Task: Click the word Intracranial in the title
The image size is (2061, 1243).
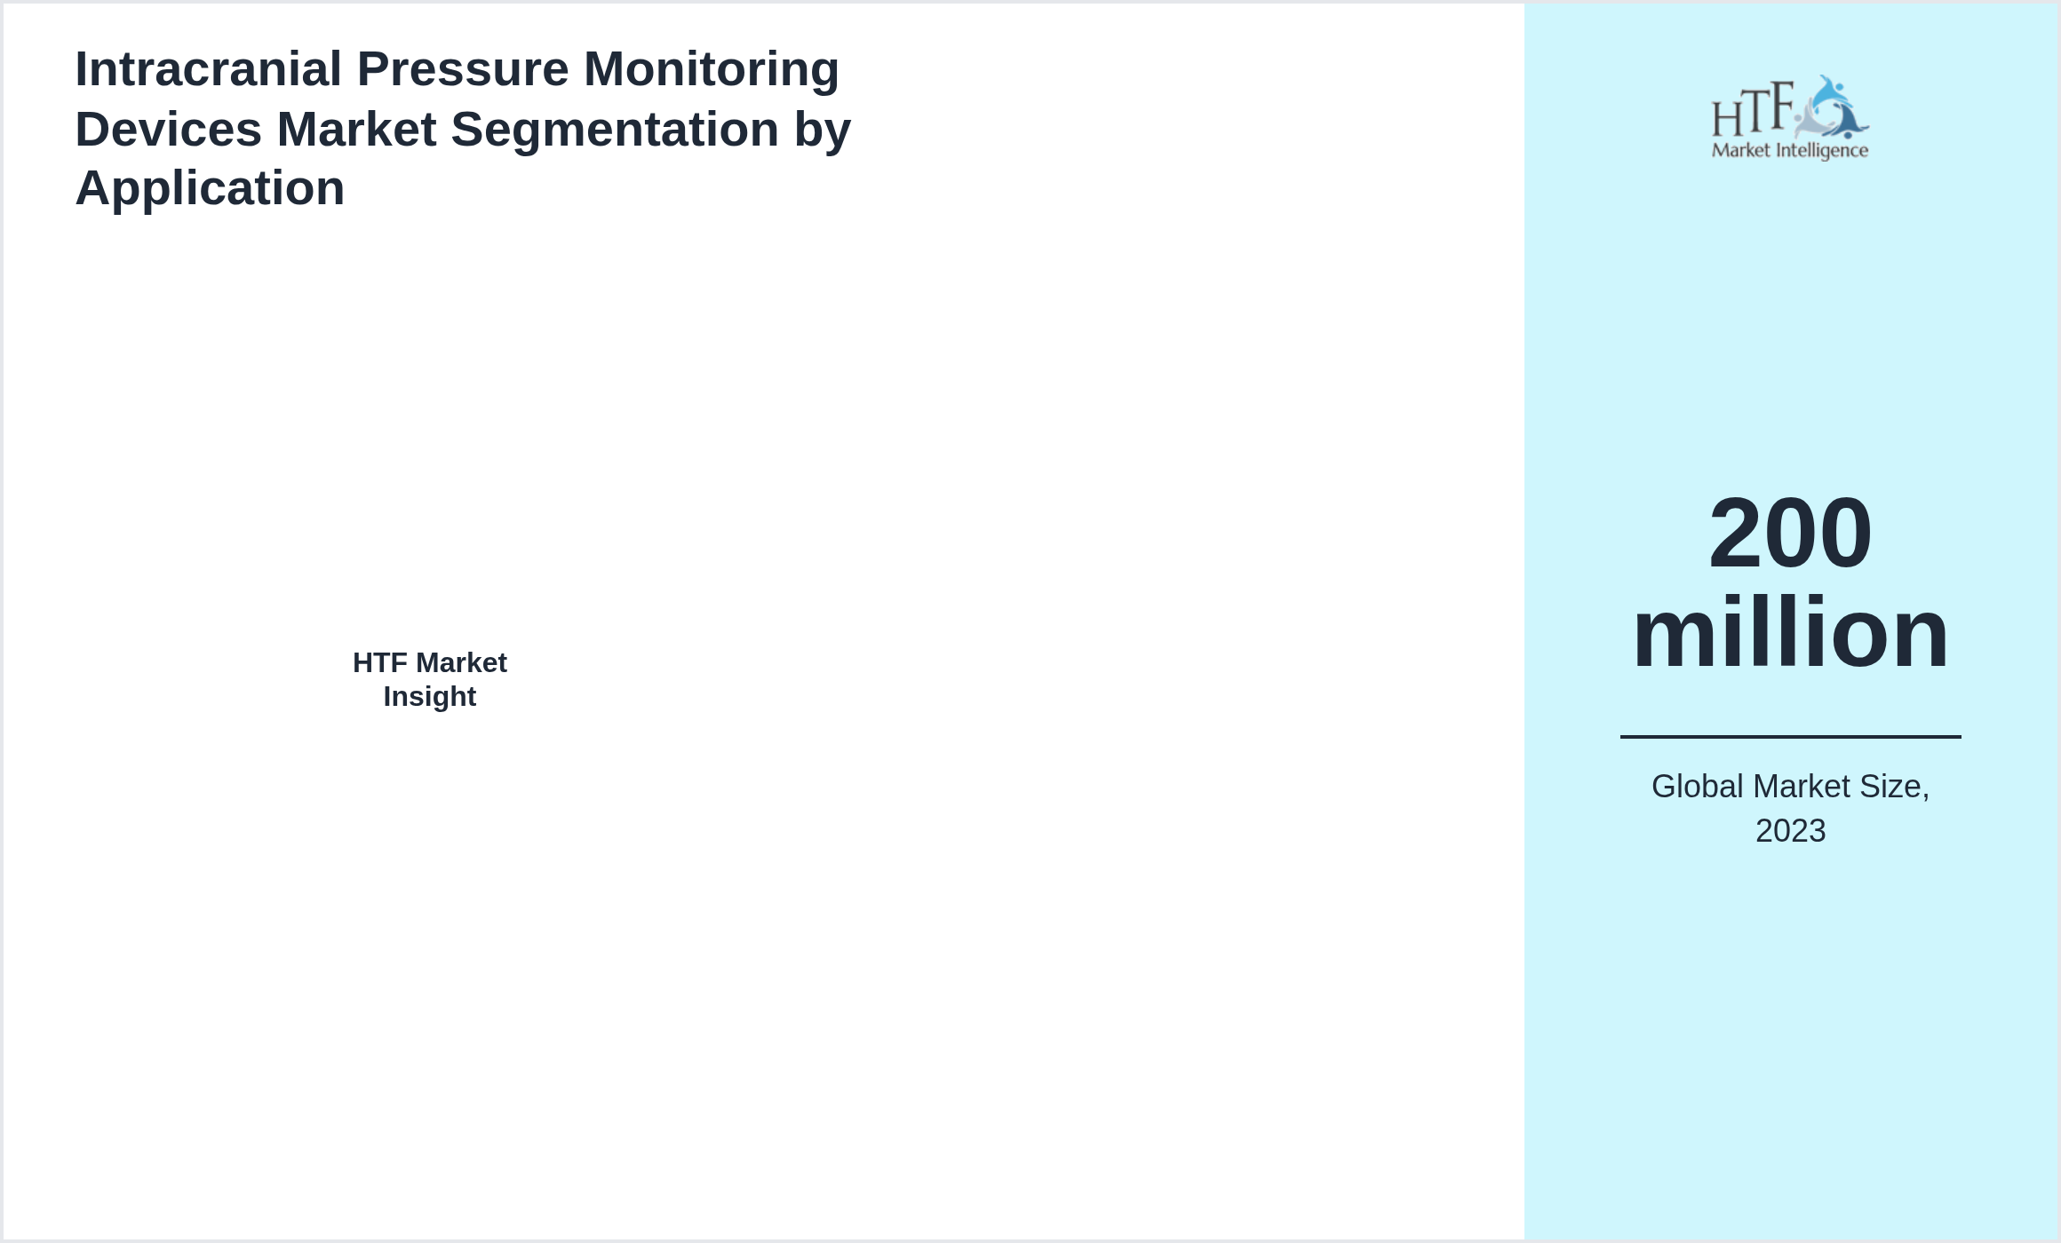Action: pos(209,69)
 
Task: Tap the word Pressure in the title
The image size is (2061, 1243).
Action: pos(462,69)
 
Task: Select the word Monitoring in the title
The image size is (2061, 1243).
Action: pos(711,69)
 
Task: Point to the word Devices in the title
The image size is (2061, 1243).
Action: pos(168,130)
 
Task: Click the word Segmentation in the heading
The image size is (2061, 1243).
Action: pos(615,130)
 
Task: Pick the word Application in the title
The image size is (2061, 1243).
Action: pos(210,188)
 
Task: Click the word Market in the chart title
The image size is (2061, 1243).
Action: pos(356,130)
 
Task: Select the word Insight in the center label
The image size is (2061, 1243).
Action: pos(430,697)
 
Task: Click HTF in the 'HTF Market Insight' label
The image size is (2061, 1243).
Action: pos(379,663)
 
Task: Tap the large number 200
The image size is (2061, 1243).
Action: pos(1790,533)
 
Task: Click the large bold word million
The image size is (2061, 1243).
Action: pos(1790,633)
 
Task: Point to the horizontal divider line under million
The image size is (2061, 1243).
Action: pos(1790,736)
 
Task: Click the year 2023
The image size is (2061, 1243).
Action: pos(1790,831)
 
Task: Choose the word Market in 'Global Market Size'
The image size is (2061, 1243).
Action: pos(1802,787)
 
